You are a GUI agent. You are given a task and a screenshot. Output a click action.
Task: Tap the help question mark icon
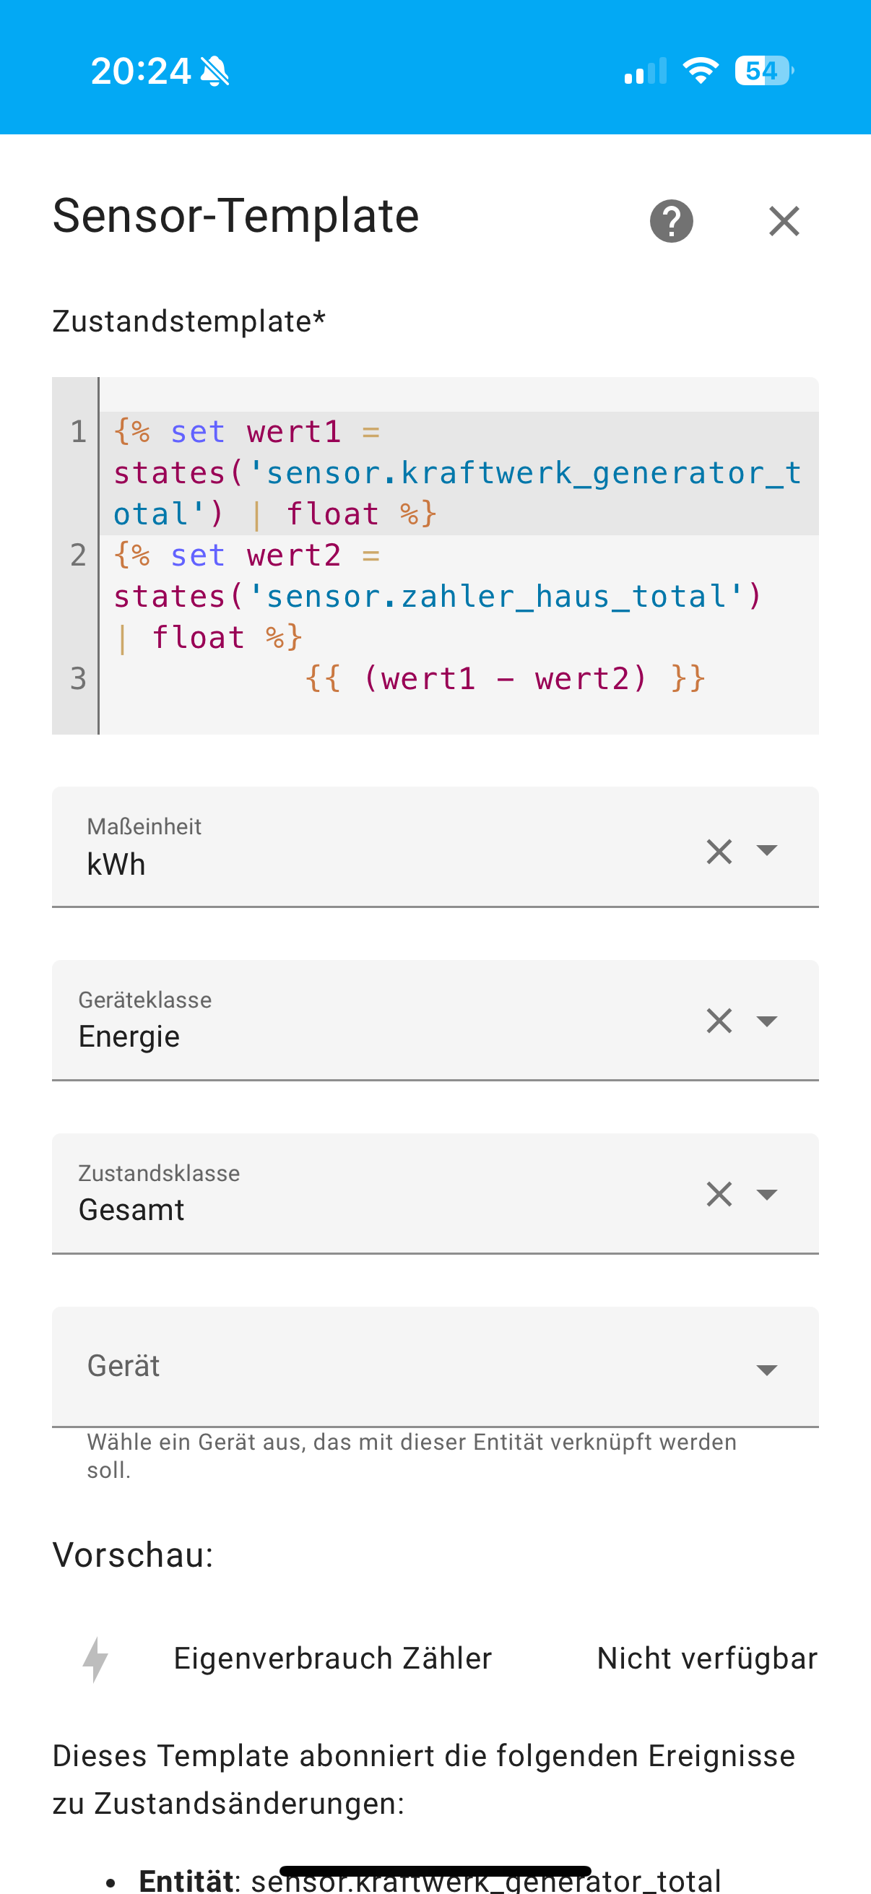click(x=671, y=220)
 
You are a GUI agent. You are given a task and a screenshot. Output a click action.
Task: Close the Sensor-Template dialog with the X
click(x=784, y=220)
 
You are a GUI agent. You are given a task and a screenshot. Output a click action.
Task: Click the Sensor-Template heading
click(x=236, y=216)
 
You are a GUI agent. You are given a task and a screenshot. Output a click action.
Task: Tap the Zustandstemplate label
click(x=188, y=321)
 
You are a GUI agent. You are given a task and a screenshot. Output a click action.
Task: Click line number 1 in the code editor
click(x=78, y=431)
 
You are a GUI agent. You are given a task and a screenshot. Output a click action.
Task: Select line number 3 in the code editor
click(x=78, y=678)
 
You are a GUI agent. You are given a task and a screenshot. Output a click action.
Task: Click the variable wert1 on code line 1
click(x=294, y=431)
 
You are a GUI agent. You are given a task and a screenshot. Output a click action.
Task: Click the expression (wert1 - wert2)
click(x=504, y=678)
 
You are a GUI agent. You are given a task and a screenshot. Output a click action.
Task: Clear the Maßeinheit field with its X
click(x=719, y=852)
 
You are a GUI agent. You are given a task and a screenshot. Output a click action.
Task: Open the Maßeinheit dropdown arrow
click(x=766, y=852)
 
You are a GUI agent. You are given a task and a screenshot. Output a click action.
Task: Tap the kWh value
click(x=116, y=865)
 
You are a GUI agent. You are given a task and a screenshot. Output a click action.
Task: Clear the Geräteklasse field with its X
click(x=719, y=1021)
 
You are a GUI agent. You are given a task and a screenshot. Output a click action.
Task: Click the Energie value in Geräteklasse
click(x=129, y=1037)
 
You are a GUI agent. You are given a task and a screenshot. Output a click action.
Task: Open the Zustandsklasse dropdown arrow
click(x=766, y=1194)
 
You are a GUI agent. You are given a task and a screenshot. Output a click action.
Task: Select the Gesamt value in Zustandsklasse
click(x=131, y=1210)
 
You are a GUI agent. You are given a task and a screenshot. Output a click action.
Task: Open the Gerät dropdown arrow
click(x=766, y=1369)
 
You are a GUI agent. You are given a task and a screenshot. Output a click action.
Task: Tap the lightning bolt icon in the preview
click(x=95, y=1659)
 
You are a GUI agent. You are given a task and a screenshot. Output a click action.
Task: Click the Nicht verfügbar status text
click(x=706, y=1659)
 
